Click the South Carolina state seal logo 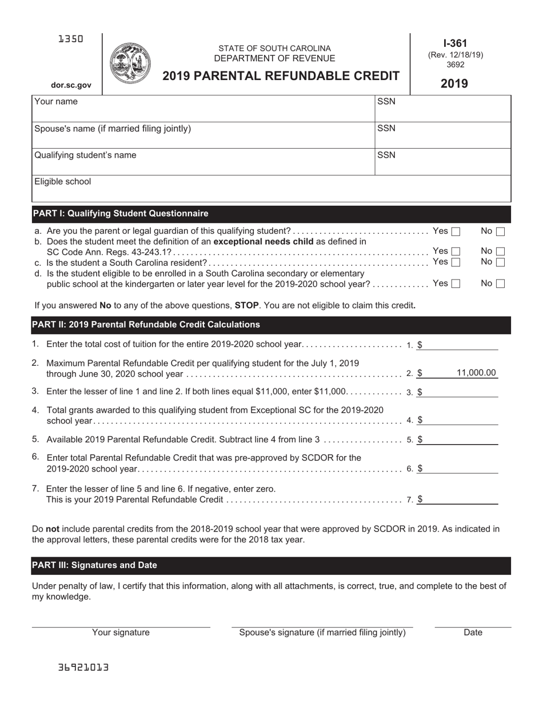[129, 63]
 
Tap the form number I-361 [455, 43]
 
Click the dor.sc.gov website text [71, 85]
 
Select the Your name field [203, 109]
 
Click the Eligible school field [271, 189]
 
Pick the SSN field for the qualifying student [443, 162]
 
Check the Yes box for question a [456, 231]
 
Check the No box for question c [500, 262]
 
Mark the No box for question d [500, 283]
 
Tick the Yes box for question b [456, 251]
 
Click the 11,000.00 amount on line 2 [476, 373]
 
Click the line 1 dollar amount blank [460, 345]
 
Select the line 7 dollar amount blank [460, 499]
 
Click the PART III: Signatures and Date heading [95, 565]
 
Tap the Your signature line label [121, 633]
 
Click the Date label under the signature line [473, 633]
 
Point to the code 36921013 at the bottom [83, 668]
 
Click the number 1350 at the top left [71, 39]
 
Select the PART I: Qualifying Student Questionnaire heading [121, 214]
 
